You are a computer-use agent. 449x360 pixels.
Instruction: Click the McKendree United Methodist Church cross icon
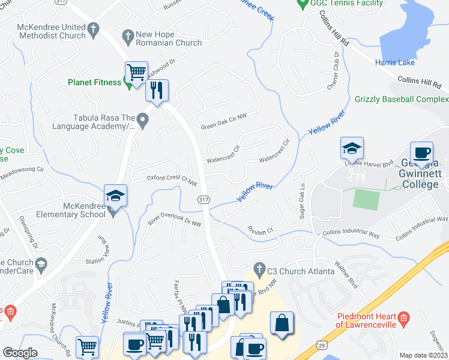93,28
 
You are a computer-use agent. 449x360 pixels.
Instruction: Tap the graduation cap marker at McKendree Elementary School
115,196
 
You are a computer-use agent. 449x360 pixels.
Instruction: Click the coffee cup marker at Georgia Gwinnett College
421,152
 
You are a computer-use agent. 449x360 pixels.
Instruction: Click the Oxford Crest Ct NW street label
172,178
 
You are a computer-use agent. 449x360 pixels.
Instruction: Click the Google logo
20,353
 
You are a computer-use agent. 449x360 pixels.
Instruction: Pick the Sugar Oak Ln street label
303,202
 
